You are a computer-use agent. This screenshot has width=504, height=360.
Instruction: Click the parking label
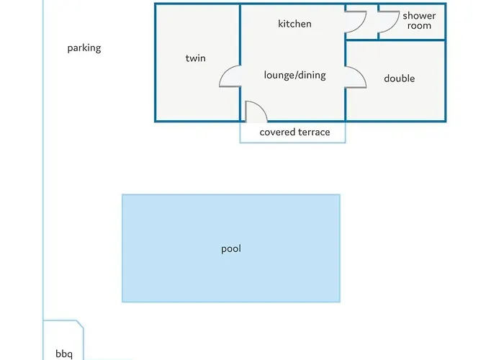84,48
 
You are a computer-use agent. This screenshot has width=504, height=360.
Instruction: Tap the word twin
195,58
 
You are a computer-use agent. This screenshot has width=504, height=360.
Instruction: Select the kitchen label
294,24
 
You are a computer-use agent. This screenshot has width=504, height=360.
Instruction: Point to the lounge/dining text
294,75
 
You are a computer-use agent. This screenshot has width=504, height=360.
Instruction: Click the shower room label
418,20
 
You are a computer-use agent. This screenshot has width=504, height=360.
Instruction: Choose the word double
399,78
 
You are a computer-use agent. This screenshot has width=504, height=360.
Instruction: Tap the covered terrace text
294,132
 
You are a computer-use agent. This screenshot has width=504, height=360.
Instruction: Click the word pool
231,249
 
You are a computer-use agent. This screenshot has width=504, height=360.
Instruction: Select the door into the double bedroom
356,77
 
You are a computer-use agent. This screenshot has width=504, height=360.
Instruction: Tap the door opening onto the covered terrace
256,112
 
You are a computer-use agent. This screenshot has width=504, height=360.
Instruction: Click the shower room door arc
388,23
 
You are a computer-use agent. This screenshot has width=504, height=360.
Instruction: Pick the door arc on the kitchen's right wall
356,23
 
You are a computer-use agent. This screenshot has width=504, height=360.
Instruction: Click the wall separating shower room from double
403,40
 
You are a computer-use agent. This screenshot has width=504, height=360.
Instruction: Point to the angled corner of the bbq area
80,325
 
